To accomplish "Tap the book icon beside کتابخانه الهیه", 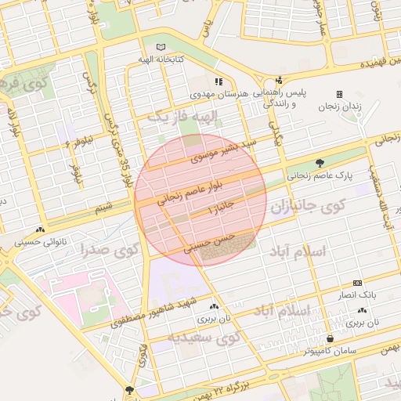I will click(161, 46).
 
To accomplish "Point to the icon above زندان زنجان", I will click(339, 94).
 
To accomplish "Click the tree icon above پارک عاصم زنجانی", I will click(320, 163).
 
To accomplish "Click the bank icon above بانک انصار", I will click(358, 283).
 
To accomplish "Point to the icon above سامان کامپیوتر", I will click(330, 339).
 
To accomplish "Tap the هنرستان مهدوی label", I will click(220, 93).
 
